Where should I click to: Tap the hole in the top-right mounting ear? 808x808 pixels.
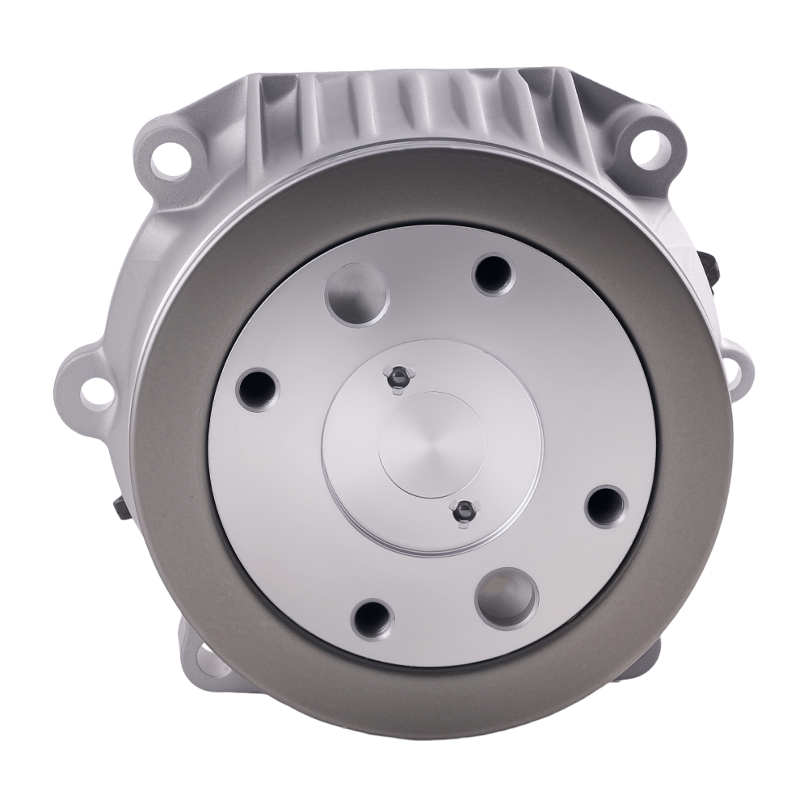click(x=653, y=148)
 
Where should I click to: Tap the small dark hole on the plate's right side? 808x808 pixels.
click(x=604, y=503)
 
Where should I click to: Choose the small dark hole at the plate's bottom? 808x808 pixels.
click(x=371, y=618)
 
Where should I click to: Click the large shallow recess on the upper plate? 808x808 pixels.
click(x=356, y=293)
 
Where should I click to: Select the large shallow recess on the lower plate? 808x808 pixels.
click(x=506, y=596)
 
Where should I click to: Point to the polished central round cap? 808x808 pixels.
click(x=431, y=444)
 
